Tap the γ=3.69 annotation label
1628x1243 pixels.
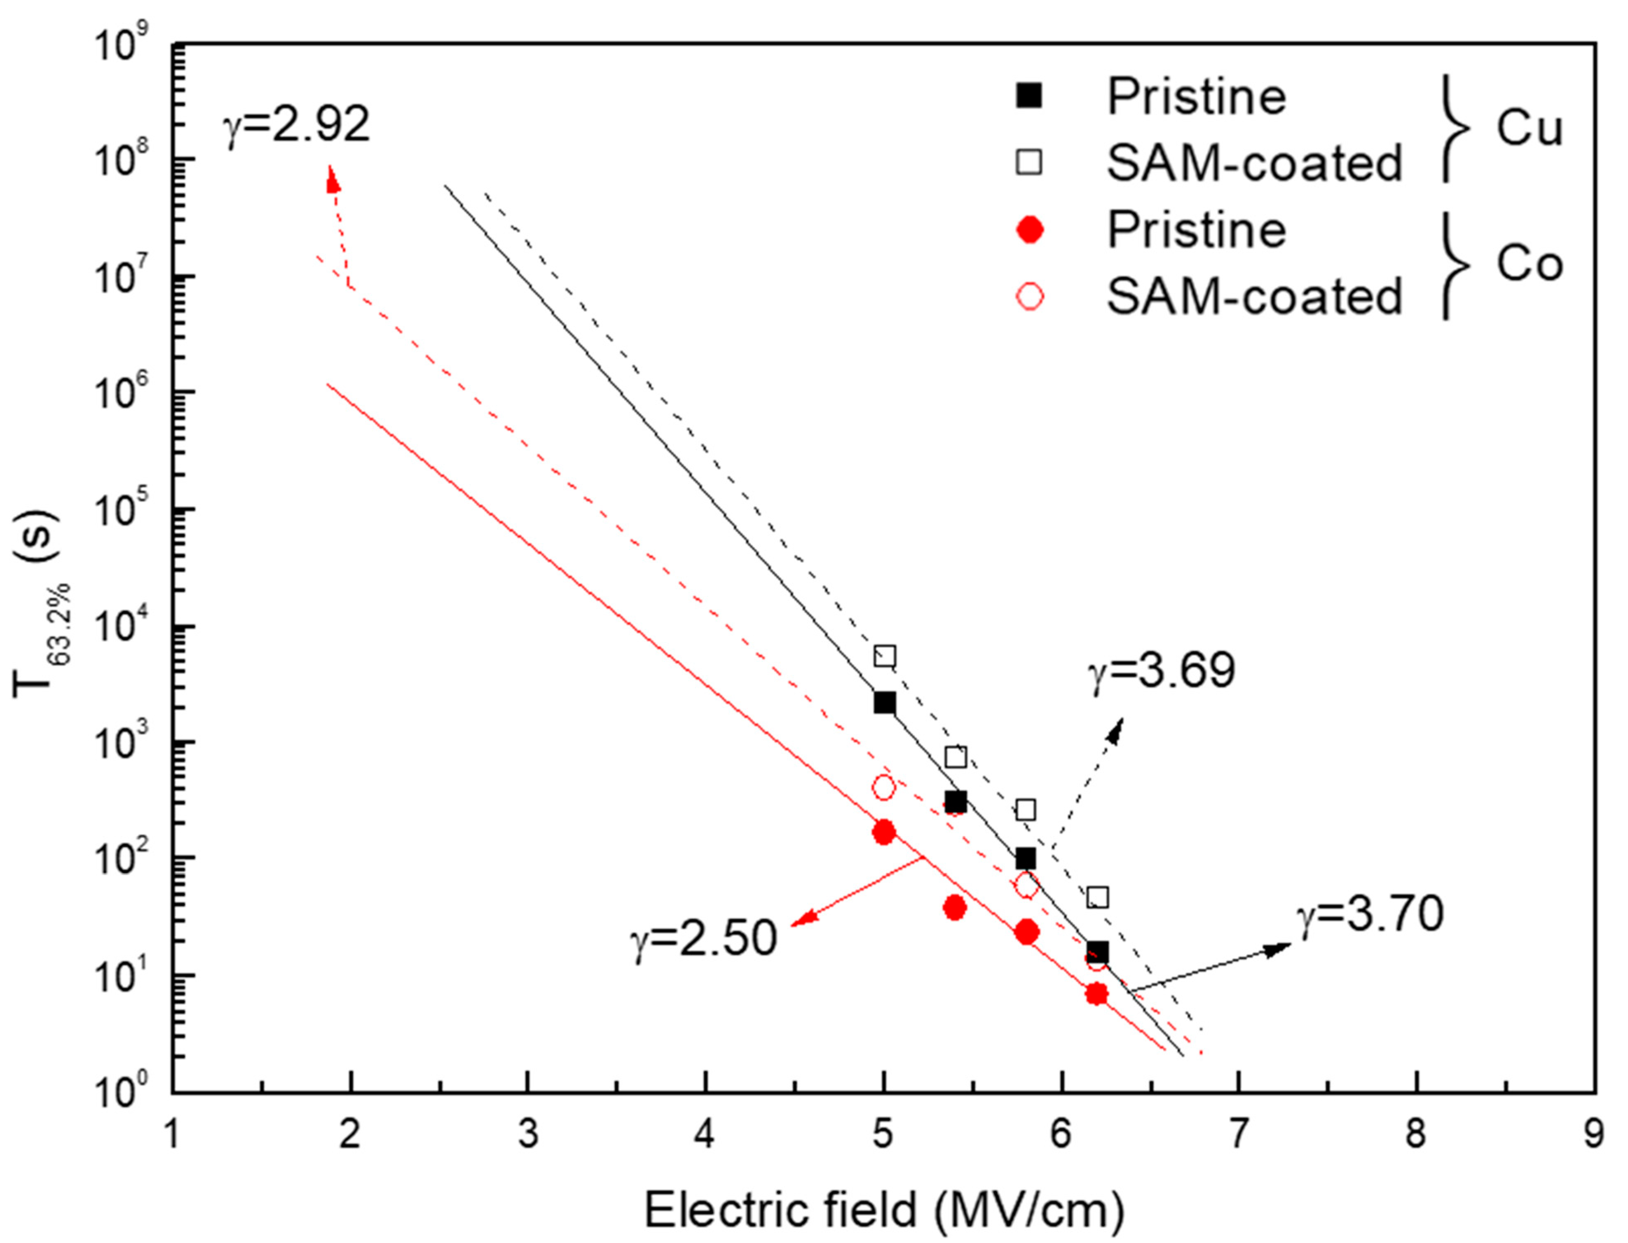(x=1162, y=672)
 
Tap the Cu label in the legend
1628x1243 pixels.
(x=1529, y=129)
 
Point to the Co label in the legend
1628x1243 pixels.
(x=1529, y=264)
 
